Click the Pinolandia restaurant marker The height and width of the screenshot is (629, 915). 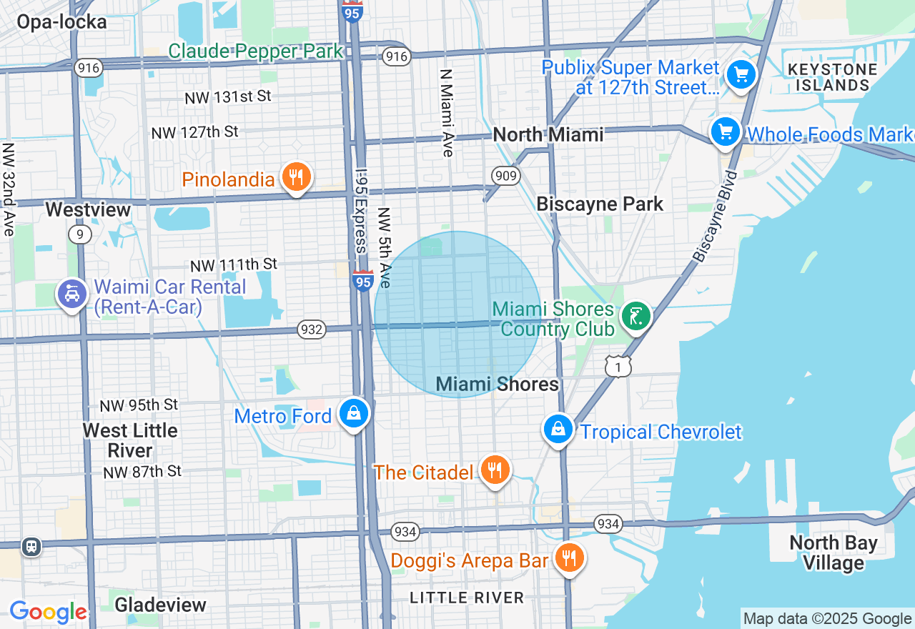click(x=295, y=177)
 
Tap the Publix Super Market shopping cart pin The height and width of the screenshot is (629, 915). click(x=741, y=74)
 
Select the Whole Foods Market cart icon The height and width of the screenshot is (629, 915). click(x=726, y=132)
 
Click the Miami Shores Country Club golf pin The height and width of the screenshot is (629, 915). click(x=635, y=316)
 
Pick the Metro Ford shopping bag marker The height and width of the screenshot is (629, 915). click(x=353, y=413)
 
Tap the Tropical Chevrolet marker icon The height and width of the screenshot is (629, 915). click(x=558, y=429)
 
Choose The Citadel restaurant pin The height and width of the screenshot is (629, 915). click(x=494, y=470)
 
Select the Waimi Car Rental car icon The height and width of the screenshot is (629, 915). click(x=72, y=294)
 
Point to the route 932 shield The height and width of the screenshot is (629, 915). click(x=312, y=330)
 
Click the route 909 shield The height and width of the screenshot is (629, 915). click(x=505, y=175)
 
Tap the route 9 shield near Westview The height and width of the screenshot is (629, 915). click(x=80, y=234)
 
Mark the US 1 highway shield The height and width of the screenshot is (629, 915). click(x=618, y=367)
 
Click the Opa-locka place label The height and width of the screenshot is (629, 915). click(x=61, y=22)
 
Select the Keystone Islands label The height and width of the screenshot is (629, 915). click(x=831, y=77)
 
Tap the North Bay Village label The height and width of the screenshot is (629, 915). click(x=833, y=553)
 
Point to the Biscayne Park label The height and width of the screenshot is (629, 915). click(x=600, y=204)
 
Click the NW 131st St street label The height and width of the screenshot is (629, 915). click(x=228, y=96)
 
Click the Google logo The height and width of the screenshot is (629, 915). click(x=48, y=612)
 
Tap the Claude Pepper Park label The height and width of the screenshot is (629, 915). click(x=256, y=51)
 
